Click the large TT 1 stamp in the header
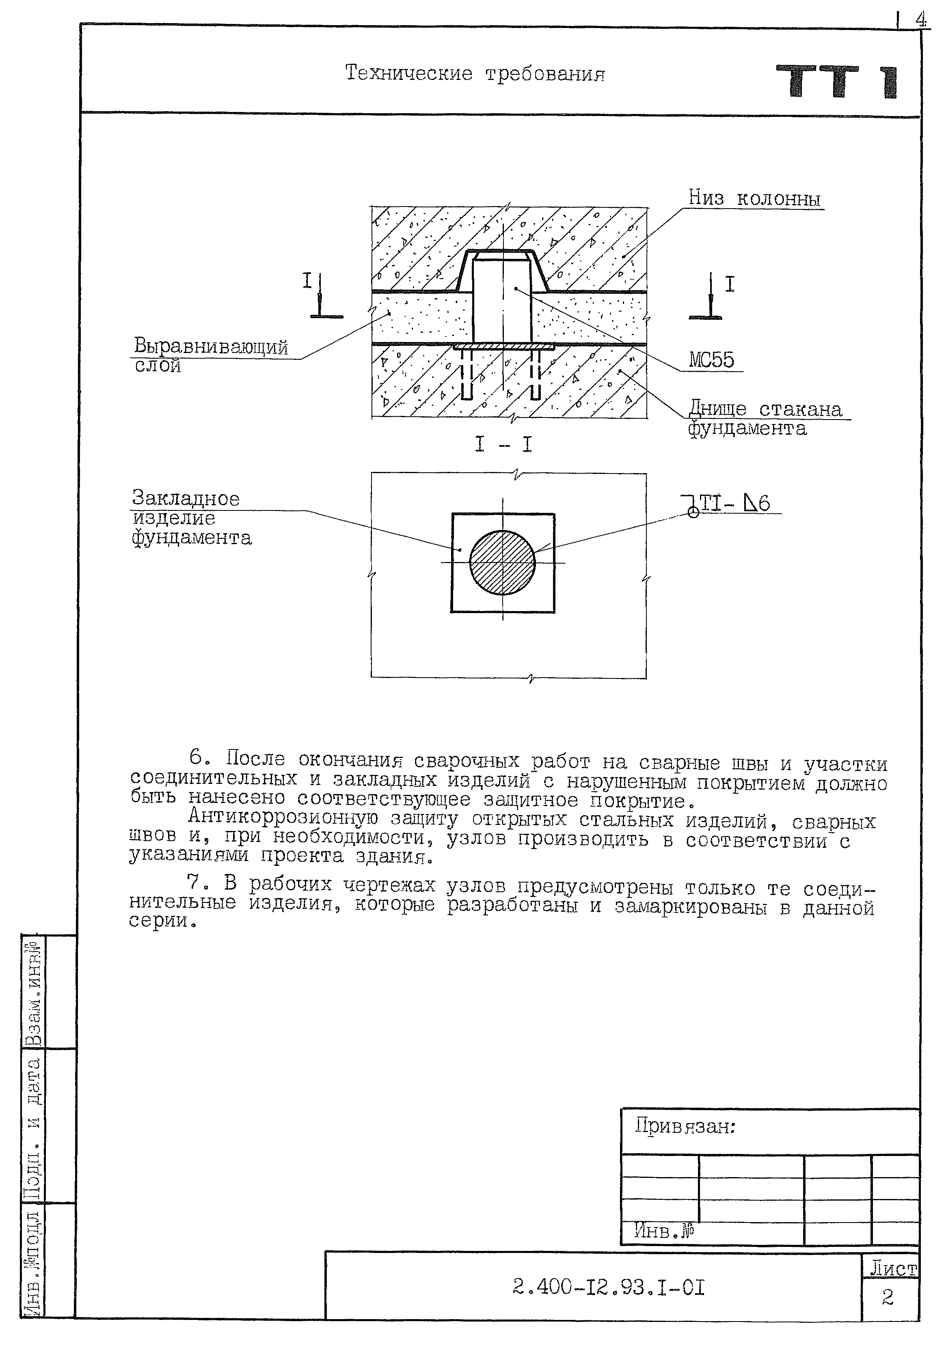[837, 82]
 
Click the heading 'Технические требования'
[475, 74]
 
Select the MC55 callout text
[711, 360]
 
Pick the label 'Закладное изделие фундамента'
[190, 518]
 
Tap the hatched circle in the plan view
[502, 563]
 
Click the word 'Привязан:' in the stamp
[685, 1127]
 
